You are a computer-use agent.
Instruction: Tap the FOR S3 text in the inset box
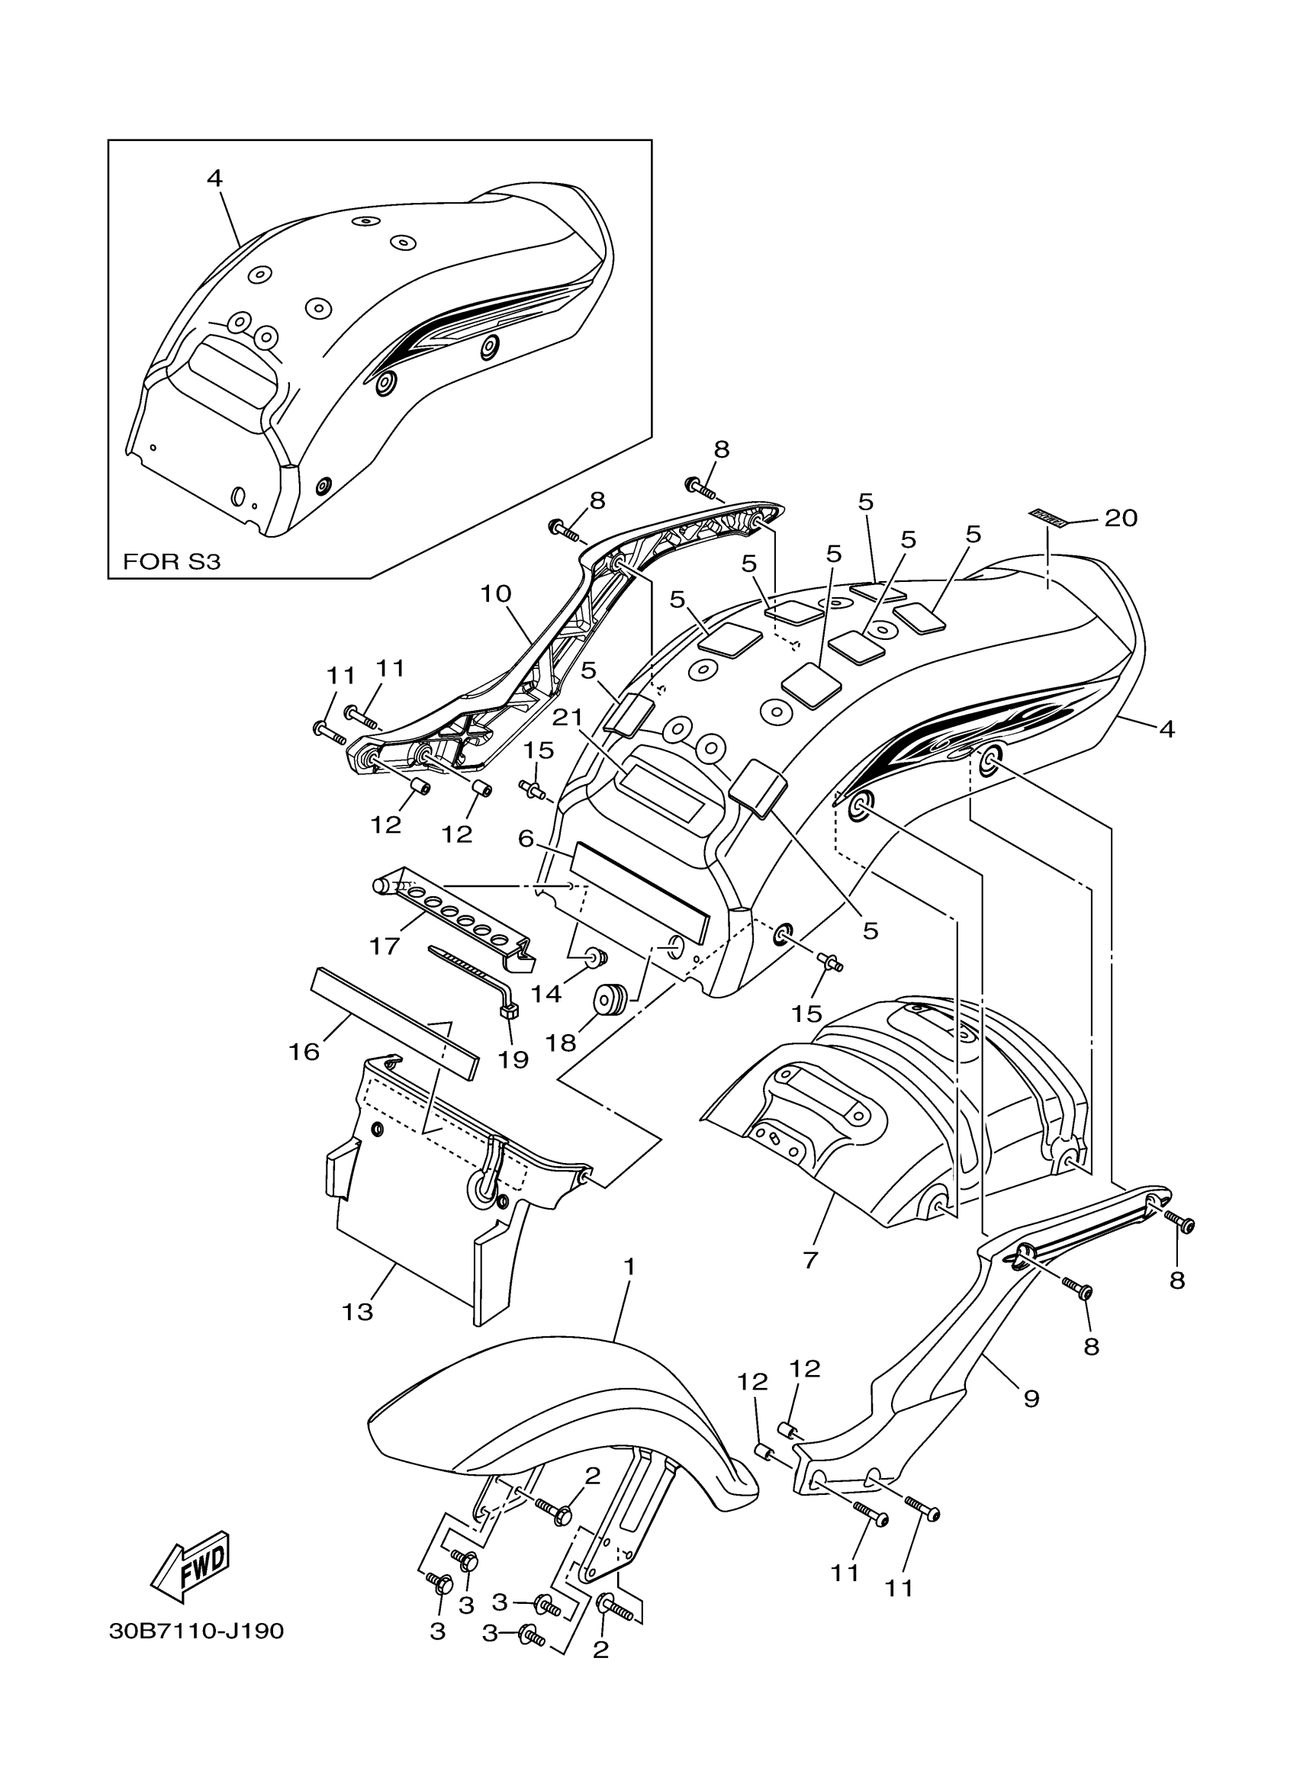coord(172,562)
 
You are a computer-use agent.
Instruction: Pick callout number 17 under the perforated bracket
coord(385,946)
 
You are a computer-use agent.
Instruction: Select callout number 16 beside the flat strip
coord(304,1051)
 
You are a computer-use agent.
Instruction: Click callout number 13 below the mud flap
coord(357,1312)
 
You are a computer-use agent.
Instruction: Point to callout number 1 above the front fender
coord(629,1267)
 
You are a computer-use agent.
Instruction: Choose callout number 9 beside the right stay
coord(1031,1399)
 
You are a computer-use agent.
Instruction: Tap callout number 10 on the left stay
coord(496,593)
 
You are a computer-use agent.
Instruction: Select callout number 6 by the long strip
coord(526,838)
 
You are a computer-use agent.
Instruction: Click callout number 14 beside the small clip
coord(546,994)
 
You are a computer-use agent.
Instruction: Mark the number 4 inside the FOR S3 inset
coord(214,178)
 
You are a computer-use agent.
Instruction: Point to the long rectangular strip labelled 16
coord(394,1021)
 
